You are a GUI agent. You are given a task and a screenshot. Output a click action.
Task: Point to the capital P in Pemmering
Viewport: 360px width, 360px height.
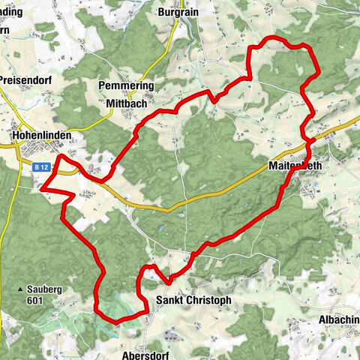(103, 86)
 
